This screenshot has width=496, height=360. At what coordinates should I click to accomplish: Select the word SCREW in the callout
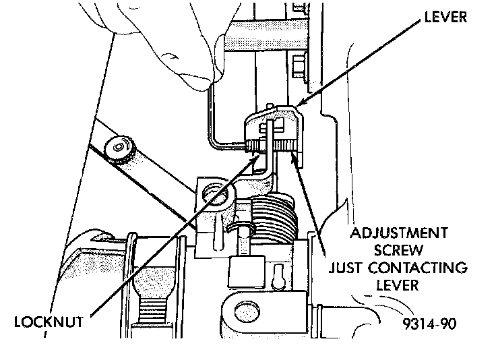(x=397, y=251)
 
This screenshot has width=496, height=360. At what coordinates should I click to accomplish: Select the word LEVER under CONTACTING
(x=398, y=285)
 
